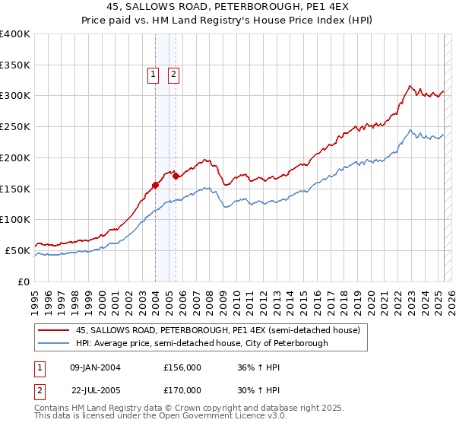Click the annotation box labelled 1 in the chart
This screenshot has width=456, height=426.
[x=153, y=74]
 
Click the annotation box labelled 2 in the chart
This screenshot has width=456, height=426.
[x=173, y=74]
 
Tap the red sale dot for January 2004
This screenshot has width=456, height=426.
[x=155, y=184]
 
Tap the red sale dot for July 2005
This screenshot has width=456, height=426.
[x=176, y=176]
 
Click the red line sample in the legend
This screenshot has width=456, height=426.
[x=53, y=330]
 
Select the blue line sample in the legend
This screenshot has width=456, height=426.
[x=53, y=343]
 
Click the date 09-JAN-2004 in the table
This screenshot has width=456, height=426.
[x=95, y=367]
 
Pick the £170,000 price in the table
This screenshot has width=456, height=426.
[x=182, y=390]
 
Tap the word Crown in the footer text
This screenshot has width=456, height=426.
[x=191, y=409]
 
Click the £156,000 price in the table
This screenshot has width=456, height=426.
[x=182, y=367]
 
